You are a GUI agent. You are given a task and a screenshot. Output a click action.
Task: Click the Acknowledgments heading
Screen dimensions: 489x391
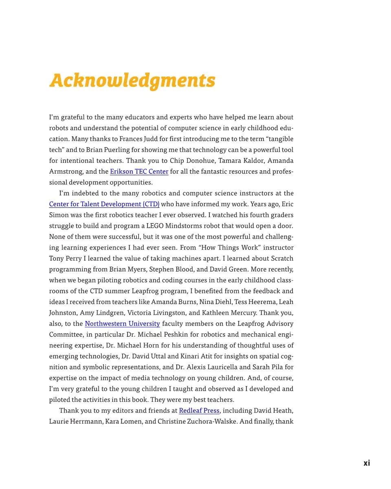pyautogui.click(x=132, y=80)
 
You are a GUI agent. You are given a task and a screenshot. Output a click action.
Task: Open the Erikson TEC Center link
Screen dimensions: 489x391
pyautogui.click(x=139, y=172)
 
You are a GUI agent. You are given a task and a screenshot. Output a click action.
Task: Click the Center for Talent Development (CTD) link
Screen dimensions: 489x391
pyautogui.click(x=104, y=204)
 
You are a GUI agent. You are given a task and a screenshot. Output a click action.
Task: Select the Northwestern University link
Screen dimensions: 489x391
pyautogui.click(x=122, y=324)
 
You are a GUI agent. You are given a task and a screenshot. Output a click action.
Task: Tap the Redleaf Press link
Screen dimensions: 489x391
pyautogui.click(x=199, y=410)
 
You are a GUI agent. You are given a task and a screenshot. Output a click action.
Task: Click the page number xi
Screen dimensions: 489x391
pyautogui.click(x=367, y=463)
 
